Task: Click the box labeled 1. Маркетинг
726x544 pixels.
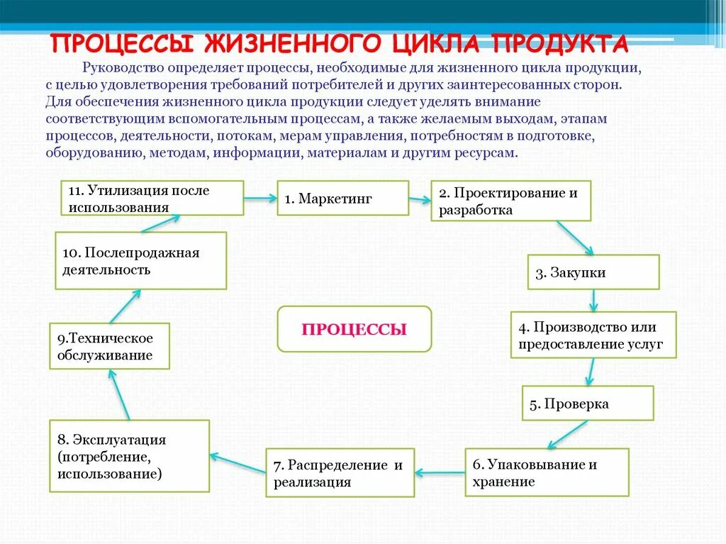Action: (342, 198)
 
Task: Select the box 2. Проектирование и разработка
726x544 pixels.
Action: (510, 201)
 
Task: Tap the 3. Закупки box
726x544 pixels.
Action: (593, 272)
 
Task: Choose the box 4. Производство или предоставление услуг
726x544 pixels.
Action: (593, 335)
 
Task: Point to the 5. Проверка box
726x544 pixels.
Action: (588, 403)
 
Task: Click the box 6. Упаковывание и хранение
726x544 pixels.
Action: (547, 472)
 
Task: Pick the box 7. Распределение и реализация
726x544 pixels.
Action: (340, 473)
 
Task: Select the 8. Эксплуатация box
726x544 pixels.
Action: (129, 456)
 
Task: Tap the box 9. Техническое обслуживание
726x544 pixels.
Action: (110, 346)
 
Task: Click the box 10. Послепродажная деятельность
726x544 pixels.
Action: (141, 260)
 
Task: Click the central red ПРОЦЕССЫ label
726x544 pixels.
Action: (354, 329)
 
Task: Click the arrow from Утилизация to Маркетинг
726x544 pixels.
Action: (260, 199)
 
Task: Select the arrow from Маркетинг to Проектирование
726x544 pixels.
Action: (420, 199)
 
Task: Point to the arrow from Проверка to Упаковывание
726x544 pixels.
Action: (567, 433)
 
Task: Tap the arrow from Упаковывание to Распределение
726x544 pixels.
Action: (440, 472)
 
